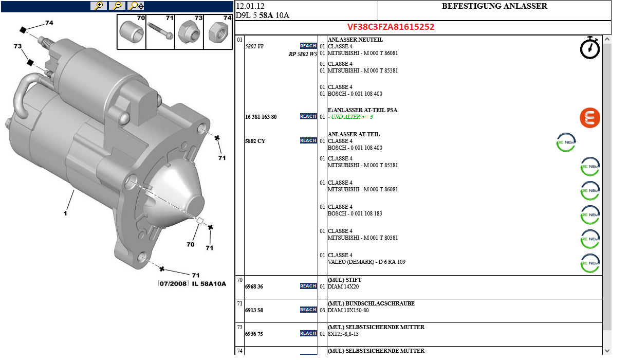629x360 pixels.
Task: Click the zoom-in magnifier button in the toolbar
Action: tap(99, 6)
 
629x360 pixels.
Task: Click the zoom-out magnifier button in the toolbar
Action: tap(117, 6)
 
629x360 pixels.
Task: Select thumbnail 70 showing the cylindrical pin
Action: tap(132, 32)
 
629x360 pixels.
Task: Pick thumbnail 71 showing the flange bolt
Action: tap(160, 32)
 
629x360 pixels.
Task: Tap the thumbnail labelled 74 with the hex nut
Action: tap(218, 32)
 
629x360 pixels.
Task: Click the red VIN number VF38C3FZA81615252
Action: tap(391, 27)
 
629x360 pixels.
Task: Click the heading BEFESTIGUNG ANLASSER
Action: tap(494, 6)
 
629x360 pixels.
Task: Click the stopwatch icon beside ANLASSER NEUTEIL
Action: tap(590, 48)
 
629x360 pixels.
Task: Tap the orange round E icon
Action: tap(590, 118)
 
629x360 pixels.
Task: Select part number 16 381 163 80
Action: tap(261, 117)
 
